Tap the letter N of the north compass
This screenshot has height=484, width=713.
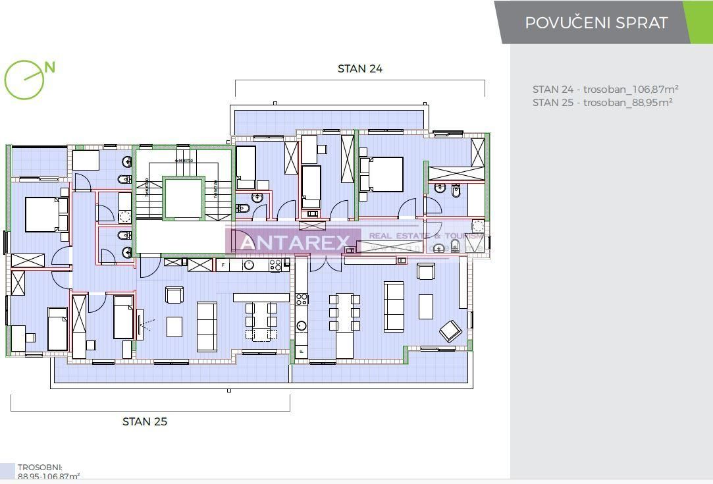(50, 67)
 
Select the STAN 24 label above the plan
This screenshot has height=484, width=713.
(359, 68)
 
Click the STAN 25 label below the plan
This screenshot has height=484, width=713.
(145, 421)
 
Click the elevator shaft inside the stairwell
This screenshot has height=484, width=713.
(184, 198)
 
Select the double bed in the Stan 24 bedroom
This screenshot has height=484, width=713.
(381, 175)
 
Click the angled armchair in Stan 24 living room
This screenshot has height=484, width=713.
(450, 330)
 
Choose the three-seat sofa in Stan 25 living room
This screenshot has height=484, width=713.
(207, 327)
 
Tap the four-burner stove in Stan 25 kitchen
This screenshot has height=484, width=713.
(275, 265)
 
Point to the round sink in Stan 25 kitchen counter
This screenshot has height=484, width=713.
(249, 265)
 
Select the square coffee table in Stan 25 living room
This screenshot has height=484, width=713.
(174, 327)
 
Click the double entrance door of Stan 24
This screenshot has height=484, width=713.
(318, 262)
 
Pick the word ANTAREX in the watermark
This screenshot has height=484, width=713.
(294, 242)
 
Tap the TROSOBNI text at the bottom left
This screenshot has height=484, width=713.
(40, 467)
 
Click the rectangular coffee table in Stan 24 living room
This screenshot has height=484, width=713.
(426, 306)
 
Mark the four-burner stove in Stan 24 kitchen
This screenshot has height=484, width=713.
(301, 300)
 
